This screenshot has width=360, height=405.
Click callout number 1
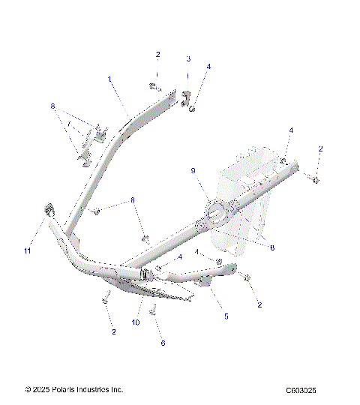[x=109, y=78]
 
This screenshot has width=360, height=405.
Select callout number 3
[x=188, y=58]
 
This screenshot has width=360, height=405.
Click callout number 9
[x=193, y=171]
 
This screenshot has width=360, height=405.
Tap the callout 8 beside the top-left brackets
[x=53, y=106]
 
